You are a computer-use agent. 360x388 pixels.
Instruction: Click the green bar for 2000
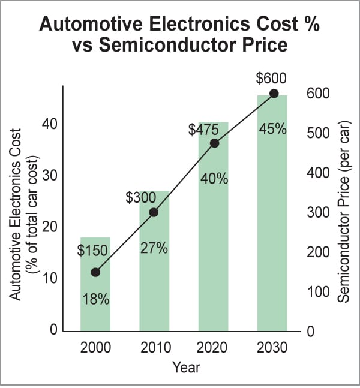coord(95,312)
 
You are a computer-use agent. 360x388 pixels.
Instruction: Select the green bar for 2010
coord(154,288)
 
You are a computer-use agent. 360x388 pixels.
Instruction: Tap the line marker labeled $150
coord(95,272)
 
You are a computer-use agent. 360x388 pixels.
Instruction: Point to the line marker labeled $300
coord(154,212)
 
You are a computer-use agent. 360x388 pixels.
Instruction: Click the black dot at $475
coord(215,143)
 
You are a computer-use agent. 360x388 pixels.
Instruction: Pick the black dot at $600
coord(274,93)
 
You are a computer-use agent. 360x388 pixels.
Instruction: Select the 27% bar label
coord(154,248)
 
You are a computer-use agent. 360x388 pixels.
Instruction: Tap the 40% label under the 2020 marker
coord(214,179)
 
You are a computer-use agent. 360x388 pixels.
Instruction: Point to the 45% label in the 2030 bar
coord(272,128)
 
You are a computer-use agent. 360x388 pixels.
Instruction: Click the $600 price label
coord(271,79)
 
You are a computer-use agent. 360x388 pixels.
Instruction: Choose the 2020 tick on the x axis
coord(214,347)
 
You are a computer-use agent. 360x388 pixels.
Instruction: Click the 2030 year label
coord(273,347)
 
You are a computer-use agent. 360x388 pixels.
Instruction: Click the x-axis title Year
coord(186,367)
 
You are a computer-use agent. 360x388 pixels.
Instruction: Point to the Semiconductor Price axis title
coord(344,210)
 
